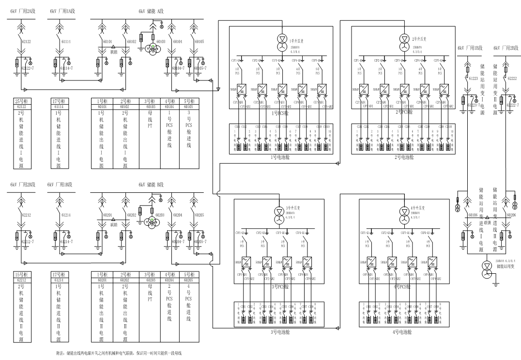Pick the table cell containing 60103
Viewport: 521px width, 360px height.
(x=150, y=106)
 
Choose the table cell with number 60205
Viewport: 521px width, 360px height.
(x=189, y=280)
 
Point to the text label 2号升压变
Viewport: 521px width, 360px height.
(x=419, y=38)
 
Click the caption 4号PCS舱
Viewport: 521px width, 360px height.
(x=403, y=286)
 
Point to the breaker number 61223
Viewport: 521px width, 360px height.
(x=473, y=78)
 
